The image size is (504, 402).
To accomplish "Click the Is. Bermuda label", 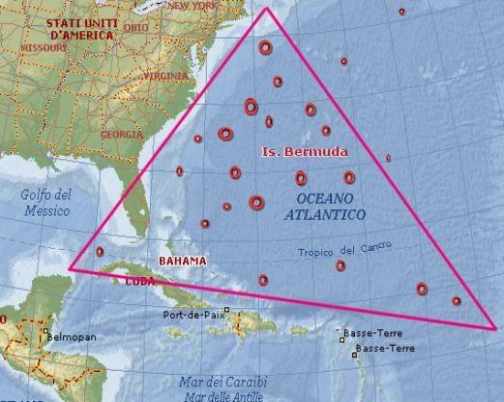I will [x=305, y=153].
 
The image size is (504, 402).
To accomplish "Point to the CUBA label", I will [x=141, y=282].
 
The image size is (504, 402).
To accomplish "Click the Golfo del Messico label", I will [x=45, y=202].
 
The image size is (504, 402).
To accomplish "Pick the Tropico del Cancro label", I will [x=344, y=252].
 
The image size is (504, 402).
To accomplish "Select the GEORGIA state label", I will [x=121, y=134].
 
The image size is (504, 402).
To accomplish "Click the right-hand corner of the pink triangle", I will [x=499, y=329].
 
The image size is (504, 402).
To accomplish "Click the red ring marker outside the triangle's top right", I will [x=401, y=12].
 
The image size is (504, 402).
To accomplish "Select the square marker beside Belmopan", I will [x=45, y=335].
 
